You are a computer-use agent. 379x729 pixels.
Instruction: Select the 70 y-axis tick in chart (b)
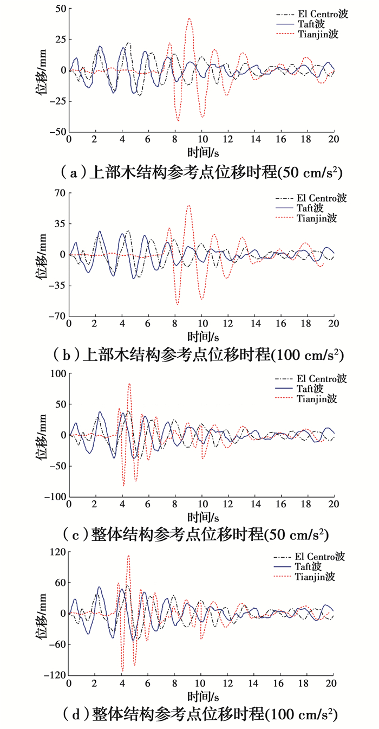(58, 192)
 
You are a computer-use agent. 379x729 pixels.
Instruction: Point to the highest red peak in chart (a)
(189, 18)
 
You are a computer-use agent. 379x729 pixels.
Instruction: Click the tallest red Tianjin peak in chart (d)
(128, 555)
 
